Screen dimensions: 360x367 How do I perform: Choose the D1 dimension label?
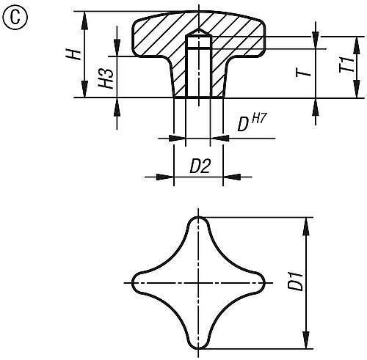tap(294, 282)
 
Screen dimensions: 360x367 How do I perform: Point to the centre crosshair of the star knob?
tap(197, 282)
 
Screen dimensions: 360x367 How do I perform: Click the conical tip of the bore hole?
tap(197, 35)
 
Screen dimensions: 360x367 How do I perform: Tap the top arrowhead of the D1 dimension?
tap(305, 223)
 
